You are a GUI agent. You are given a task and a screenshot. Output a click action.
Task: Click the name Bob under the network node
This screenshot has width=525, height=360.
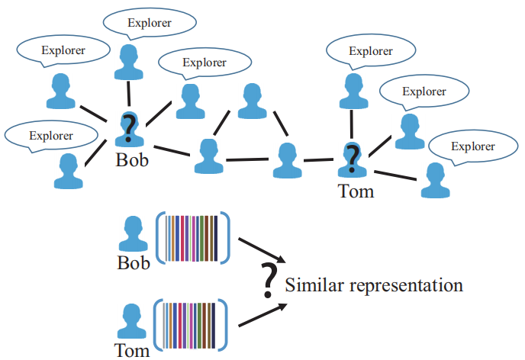132,160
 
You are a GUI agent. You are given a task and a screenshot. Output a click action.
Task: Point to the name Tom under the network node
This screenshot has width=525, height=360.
356,190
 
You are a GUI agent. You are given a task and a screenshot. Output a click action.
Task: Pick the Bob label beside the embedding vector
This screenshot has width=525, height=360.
134,264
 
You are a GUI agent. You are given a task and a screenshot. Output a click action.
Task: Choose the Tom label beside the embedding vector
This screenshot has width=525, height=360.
131,351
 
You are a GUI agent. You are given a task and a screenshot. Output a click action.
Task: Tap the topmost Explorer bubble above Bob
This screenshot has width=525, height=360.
149,23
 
